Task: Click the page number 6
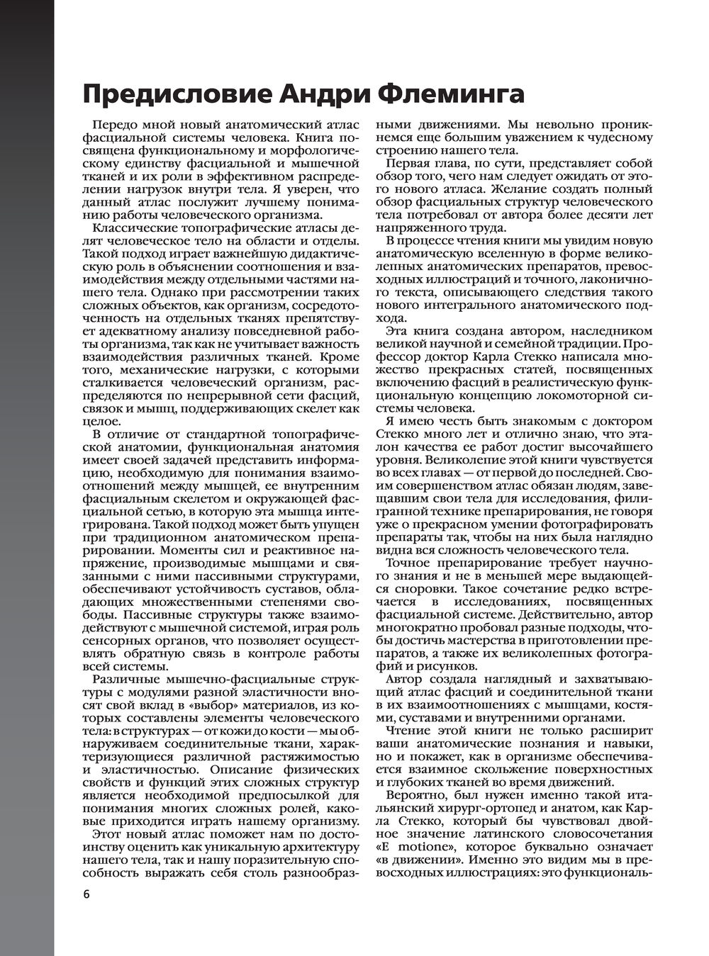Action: point(86,894)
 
